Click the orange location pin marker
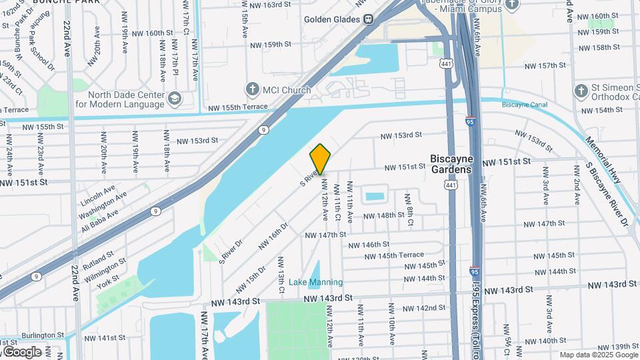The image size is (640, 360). (x=320, y=159)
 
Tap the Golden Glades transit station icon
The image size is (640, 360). (x=368, y=19)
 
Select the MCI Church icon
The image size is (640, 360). (x=252, y=89)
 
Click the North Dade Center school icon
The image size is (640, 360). (x=174, y=99)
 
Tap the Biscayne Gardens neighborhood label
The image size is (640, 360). (x=451, y=164)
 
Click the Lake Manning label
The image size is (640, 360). (x=315, y=282)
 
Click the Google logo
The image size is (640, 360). (x=21, y=351)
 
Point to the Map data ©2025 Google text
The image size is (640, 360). (x=597, y=355)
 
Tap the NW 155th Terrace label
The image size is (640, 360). (x=237, y=107)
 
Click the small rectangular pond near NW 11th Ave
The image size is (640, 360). (x=374, y=197)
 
